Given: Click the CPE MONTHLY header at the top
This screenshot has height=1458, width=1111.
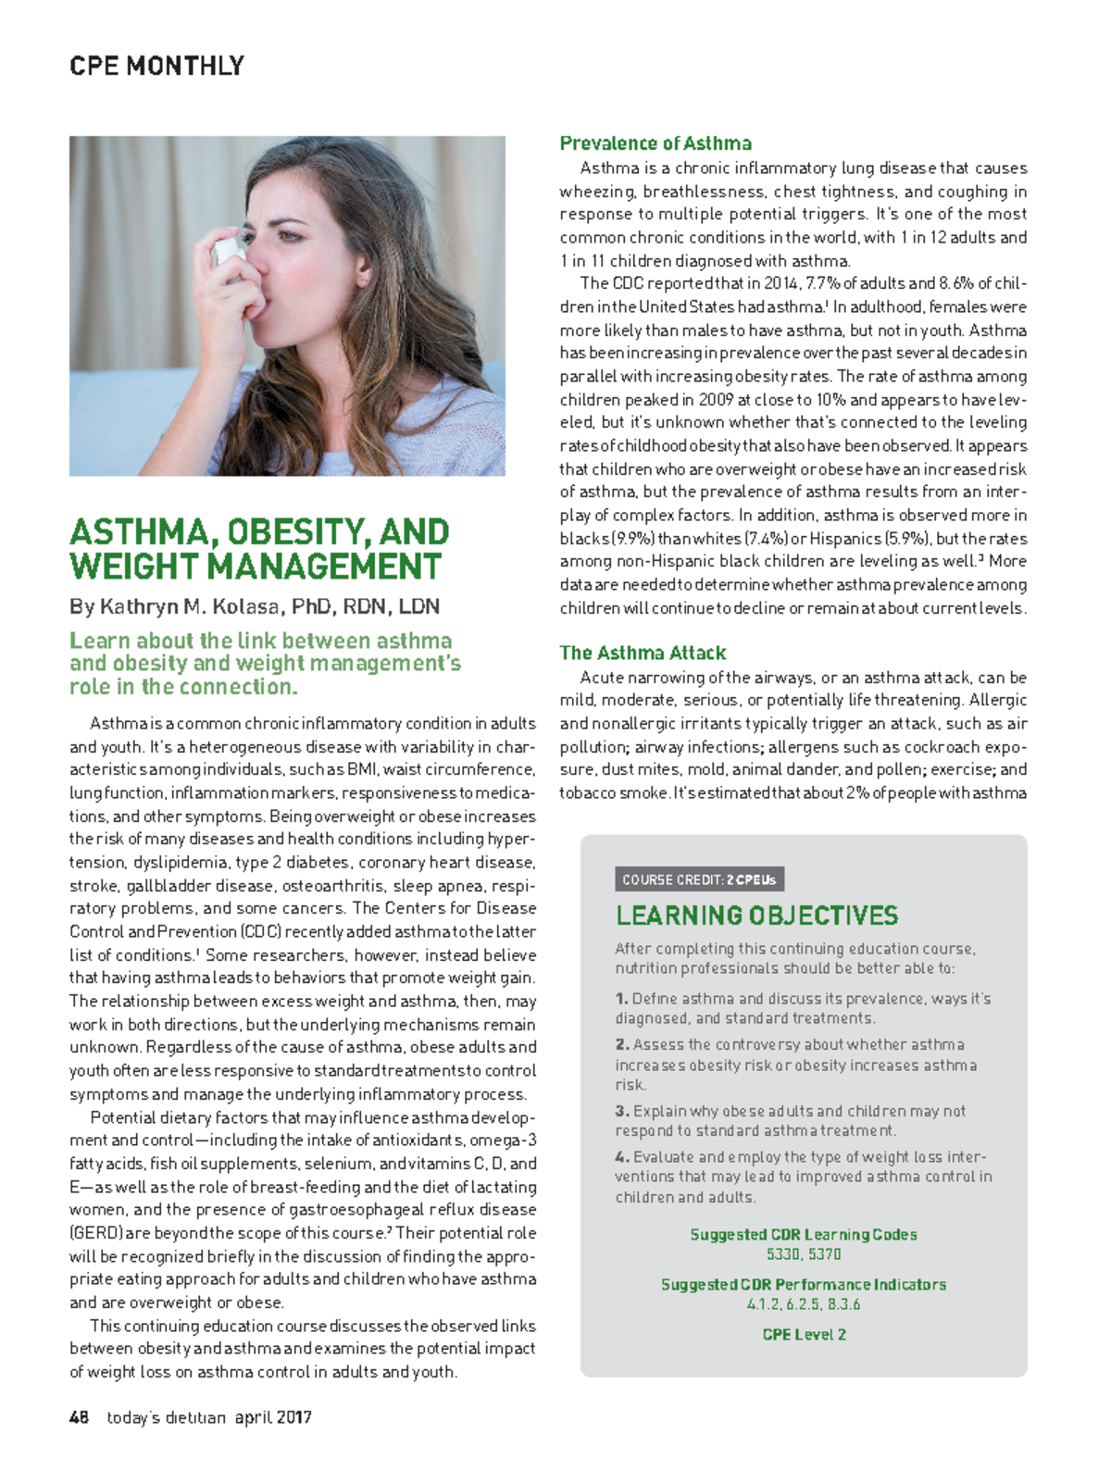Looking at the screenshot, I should click(156, 67).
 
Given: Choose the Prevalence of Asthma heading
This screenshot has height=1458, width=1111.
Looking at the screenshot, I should click(655, 143).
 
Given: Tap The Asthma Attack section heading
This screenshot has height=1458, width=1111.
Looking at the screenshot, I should click(643, 653).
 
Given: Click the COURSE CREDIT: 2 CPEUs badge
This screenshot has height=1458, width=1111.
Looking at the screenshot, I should click(699, 879).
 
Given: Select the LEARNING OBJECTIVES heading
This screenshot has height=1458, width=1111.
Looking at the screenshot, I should click(756, 916).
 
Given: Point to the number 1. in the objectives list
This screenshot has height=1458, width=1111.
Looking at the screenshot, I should click(621, 999).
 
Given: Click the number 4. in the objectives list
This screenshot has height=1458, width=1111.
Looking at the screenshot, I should click(621, 1157).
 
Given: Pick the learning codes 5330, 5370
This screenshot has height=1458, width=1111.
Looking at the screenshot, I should click(804, 1254).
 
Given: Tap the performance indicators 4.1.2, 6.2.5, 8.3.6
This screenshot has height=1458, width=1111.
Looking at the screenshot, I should click(804, 1304).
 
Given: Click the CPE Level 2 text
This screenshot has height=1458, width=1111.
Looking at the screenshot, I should click(804, 1335).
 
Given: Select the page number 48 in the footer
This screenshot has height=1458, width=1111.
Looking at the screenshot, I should click(79, 1417).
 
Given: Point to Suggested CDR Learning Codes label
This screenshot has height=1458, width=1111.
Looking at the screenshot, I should click(804, 1235).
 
